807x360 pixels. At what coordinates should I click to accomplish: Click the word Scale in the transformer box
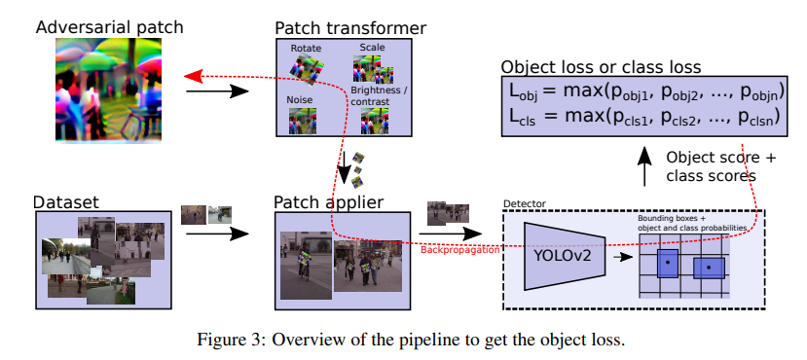[x=373, y=46]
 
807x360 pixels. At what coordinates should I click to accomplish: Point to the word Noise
[x=300, y=100]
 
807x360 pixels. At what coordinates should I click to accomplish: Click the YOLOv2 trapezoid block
[x=559, y=255]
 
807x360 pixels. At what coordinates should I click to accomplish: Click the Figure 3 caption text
[x=402, y=339]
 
